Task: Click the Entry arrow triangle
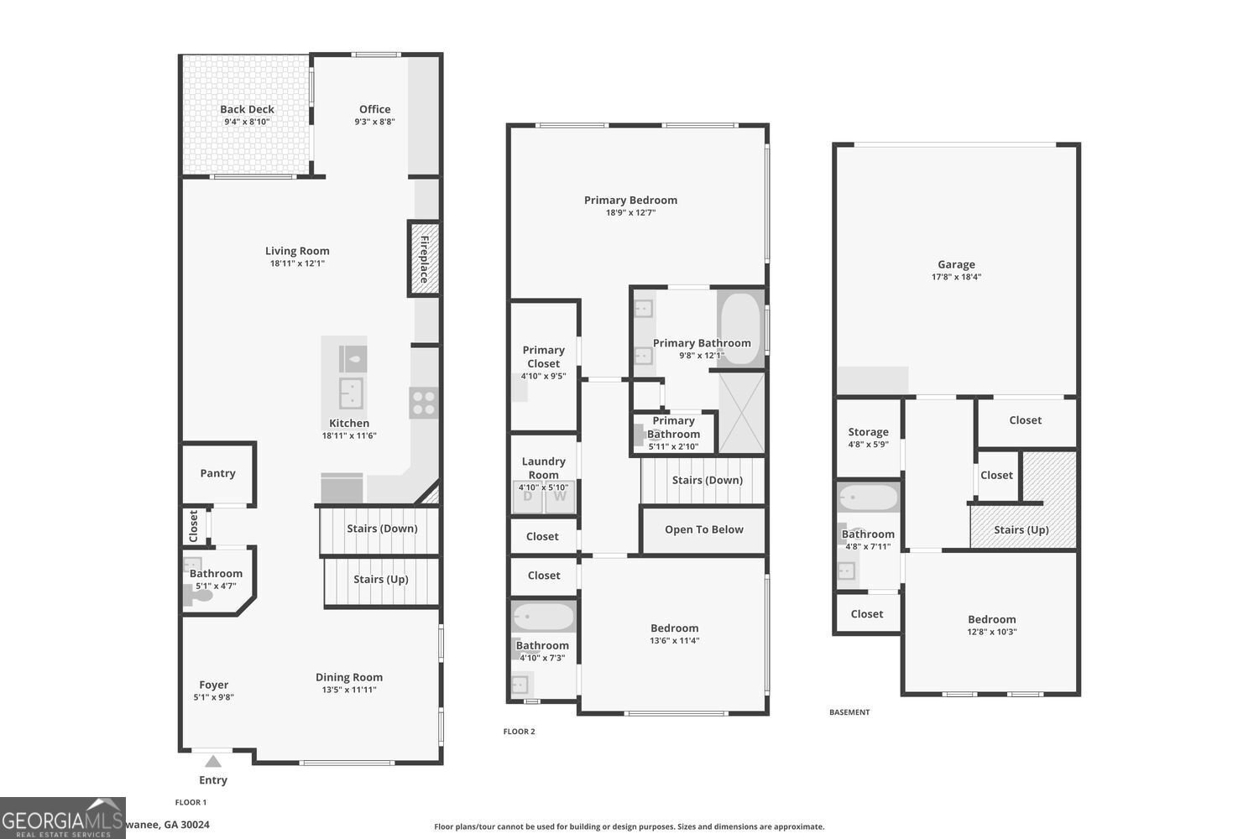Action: coord(213,762)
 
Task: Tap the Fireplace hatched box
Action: coord(424,258)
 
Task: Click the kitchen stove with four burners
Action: coord(424,403)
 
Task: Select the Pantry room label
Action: coord(217,473)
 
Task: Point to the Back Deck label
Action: coord(247,109)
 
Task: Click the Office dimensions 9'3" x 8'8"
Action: coord(374,122)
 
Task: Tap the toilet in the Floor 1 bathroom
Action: coord(198,596)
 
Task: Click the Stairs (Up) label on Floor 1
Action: coord(380,579)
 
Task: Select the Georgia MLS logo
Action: coord(62,818)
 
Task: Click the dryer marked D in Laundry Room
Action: coord(528,496)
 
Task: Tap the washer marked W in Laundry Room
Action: coord(560,496)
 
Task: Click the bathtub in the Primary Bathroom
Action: coord(740,328)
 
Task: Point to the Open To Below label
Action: coord(703,529)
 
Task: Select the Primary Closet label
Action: coord(543,357)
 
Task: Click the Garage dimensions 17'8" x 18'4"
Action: coord(956,277)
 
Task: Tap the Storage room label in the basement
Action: coord(868,432)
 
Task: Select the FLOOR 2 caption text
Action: coord(519,732)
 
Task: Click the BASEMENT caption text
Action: coord(849,712)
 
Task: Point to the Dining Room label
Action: coord(349,677)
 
